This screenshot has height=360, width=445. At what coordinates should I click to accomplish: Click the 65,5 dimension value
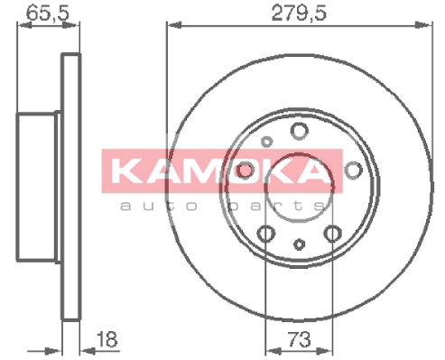tap(48, 12)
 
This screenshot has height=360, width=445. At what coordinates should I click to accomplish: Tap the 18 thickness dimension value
tap(107, 339)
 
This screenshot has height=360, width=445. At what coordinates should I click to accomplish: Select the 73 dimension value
tap(299, 339)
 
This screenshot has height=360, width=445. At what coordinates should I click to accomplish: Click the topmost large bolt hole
tap(300, 131)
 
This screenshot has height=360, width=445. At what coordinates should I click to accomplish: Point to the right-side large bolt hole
tap(353, 171)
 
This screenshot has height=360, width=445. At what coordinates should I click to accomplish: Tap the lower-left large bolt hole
tap(266, 234)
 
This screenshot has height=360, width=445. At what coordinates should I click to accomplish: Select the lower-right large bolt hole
tap(333, 234)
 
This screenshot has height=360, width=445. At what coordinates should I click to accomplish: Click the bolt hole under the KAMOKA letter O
tap(246, 171)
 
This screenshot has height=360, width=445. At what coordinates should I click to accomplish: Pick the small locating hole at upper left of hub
tap(266, 141)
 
